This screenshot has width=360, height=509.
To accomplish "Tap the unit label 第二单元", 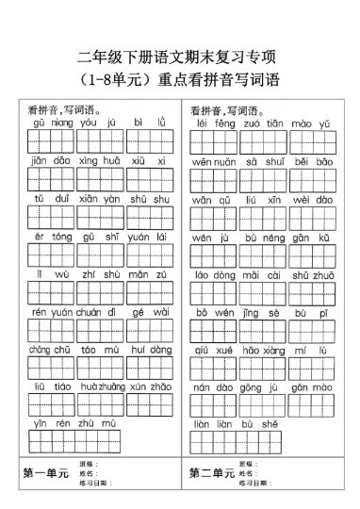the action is [x=211, y=473].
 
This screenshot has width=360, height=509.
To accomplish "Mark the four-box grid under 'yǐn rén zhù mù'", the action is [x=74, y=441].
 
